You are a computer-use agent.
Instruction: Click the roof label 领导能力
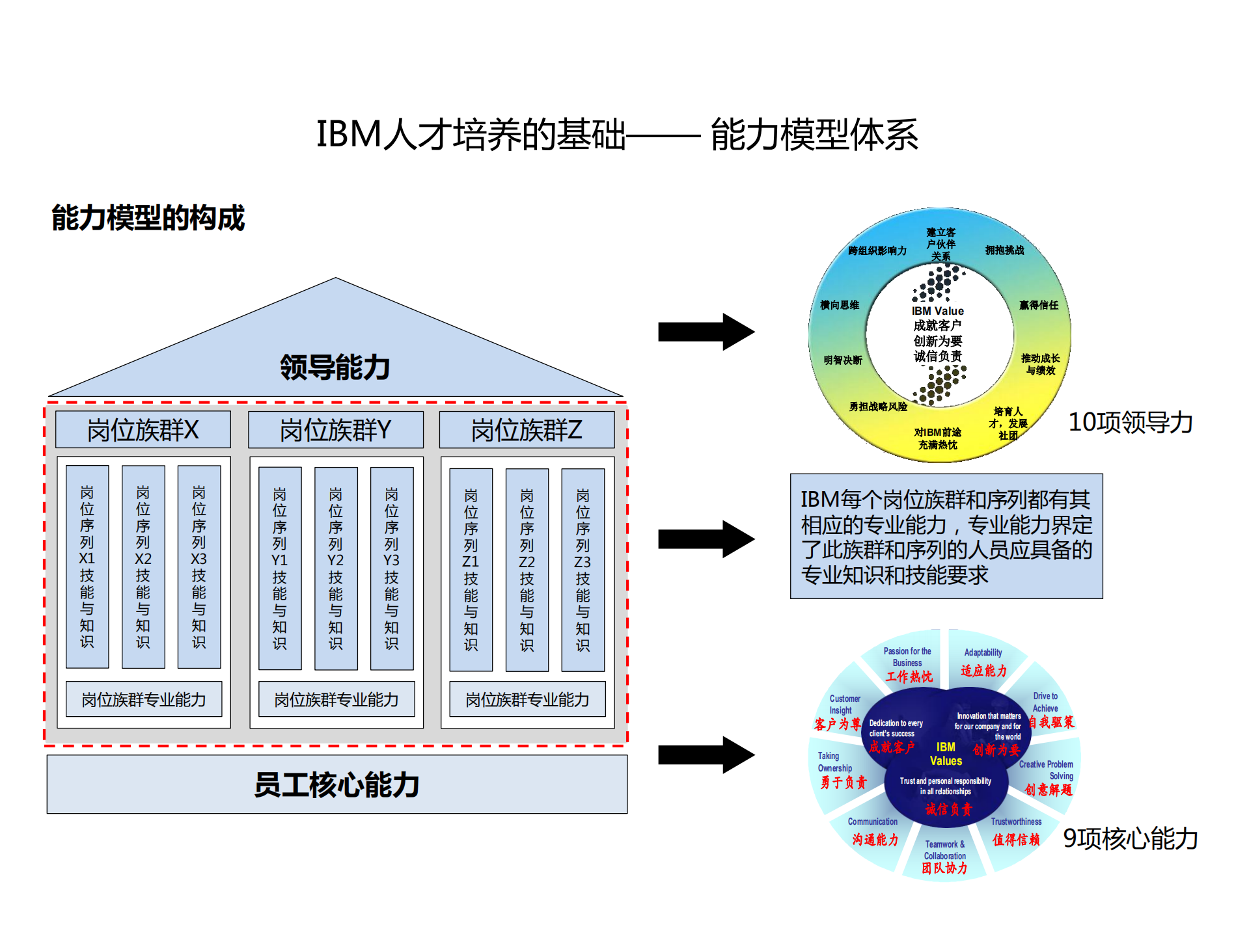click(335, 368)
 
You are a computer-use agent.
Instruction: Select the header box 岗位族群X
click(143, 430)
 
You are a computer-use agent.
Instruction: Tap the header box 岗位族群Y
click(336, 430)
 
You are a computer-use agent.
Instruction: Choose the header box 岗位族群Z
click(527, 430)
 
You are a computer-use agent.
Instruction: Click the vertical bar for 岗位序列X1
click(87, 566)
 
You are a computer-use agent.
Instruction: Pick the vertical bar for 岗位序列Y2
click(336, 568)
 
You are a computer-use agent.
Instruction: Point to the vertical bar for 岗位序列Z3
click(583, 569)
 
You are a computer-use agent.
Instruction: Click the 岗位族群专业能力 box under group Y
click(336, 699)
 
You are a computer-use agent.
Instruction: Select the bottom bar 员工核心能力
click(336, 784)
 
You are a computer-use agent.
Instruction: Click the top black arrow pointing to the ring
click(706, 332)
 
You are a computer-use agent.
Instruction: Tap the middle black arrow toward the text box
click(706, 539)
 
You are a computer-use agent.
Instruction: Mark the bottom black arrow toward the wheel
click(706, 755)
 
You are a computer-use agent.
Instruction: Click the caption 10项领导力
click(1130, 422)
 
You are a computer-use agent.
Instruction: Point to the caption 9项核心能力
click(1130, 838)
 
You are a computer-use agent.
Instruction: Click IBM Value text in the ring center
click(937, 311)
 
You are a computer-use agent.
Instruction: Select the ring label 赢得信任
click(1038, 305)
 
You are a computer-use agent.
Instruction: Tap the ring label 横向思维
click(840, 305)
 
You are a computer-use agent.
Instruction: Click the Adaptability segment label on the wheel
click(983, 652)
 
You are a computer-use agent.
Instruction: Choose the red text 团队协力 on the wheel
click(944, 868)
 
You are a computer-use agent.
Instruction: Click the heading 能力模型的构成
click(148, 218)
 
